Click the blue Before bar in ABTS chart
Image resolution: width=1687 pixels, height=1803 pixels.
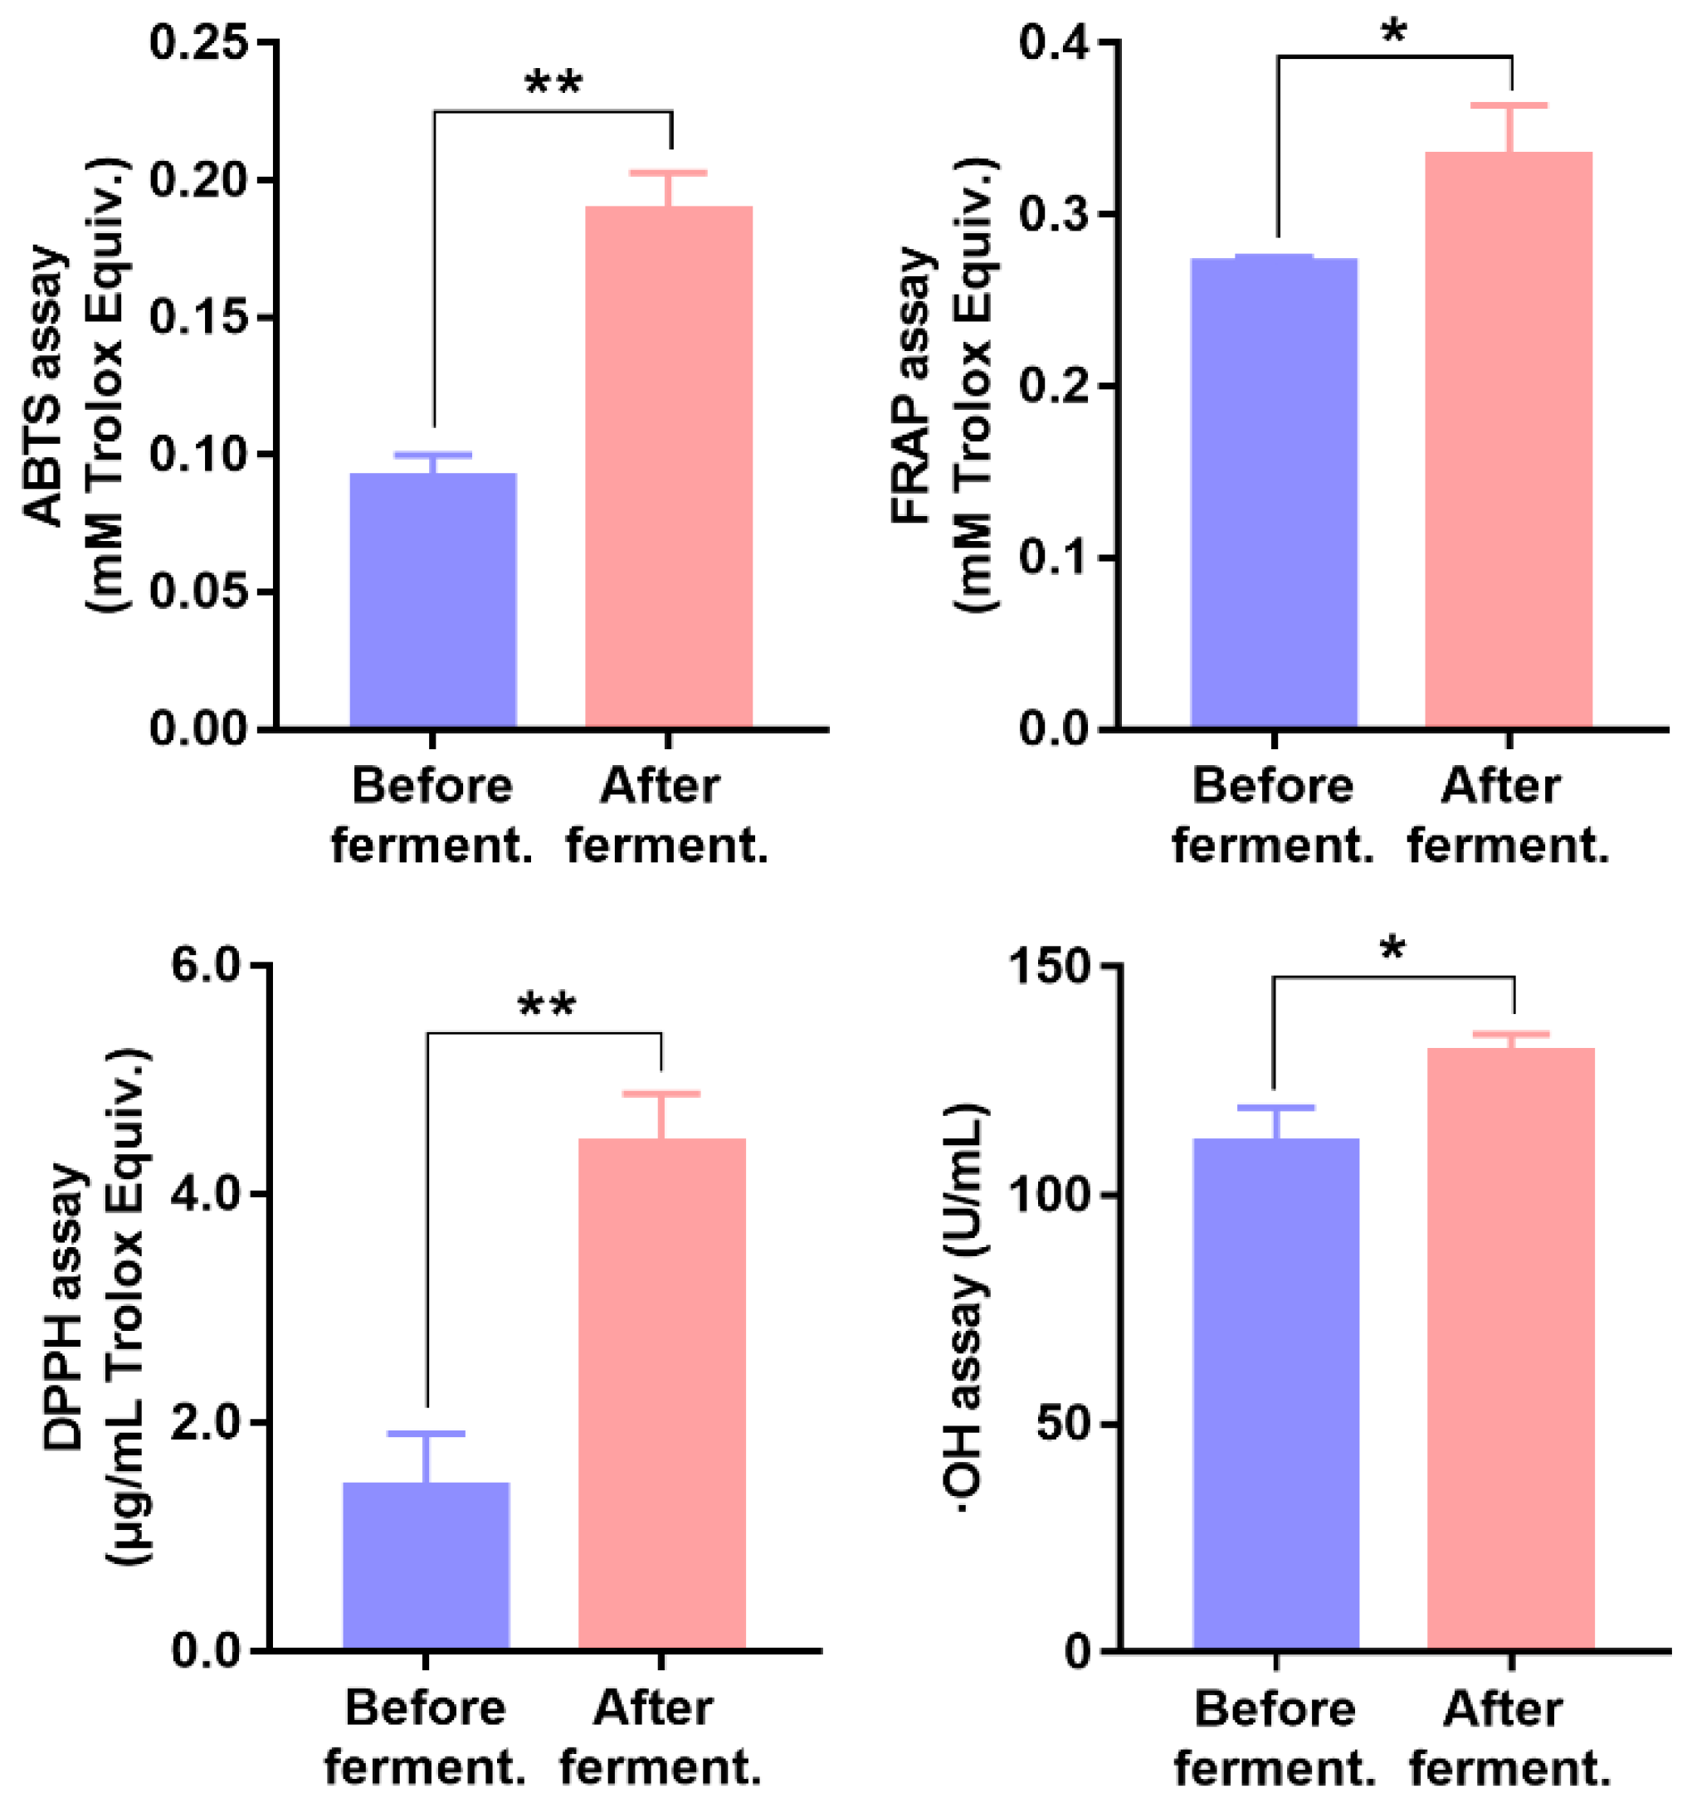[432, 600]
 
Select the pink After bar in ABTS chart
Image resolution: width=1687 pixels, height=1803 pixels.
[669, 466]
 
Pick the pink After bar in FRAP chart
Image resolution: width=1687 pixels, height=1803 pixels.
[1509, 439]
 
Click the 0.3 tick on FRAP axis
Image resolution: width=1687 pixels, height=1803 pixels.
[1053, 215]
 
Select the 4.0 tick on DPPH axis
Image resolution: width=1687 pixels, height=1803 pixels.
[207, 1193]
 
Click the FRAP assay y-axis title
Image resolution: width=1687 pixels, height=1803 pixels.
[943, 386]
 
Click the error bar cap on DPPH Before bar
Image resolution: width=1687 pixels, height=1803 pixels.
[426, 1434]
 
